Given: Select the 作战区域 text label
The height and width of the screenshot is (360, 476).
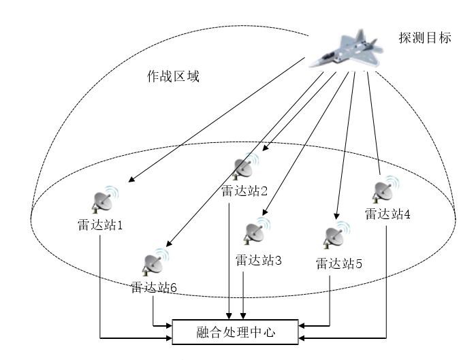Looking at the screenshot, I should point(174,76).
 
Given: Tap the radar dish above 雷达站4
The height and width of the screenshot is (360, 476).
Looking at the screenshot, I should point(386,189).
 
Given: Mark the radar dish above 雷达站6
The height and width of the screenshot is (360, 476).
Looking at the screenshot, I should point(154,262).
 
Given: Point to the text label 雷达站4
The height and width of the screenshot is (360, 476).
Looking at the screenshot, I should point(387,214).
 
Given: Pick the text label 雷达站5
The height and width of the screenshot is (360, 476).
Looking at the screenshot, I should point(338,263).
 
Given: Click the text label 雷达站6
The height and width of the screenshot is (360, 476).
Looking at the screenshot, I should point(154,287).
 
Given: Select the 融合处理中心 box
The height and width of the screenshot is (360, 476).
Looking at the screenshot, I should point(236,331).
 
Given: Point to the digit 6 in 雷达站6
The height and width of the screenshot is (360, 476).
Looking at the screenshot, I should point(174,288).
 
